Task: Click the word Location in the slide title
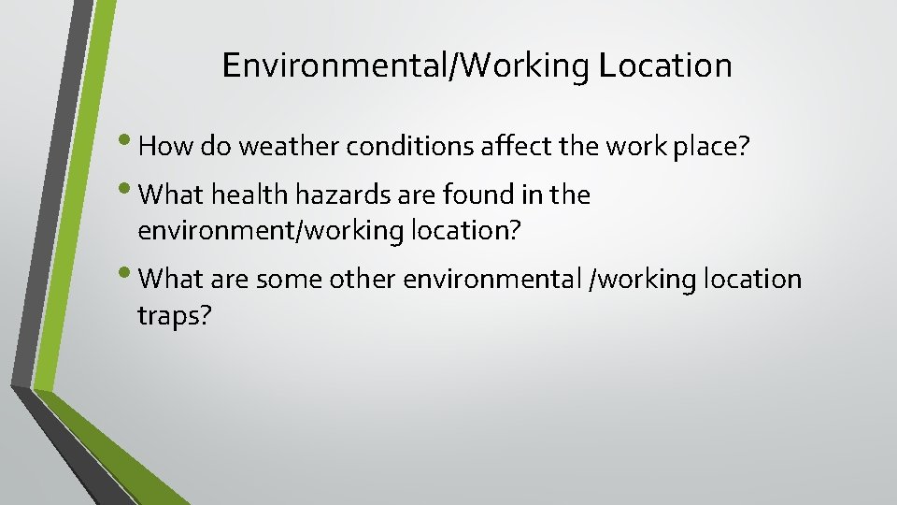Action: point(665,65)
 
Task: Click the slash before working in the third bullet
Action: point(586,279)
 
